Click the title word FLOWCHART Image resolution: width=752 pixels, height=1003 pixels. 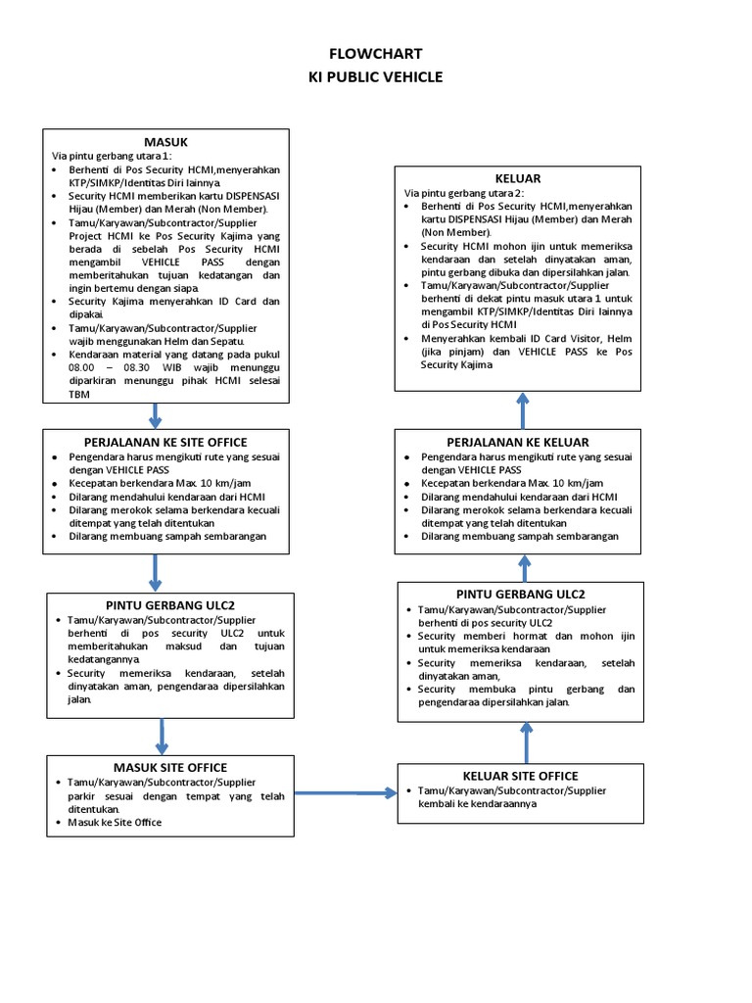tap(375, 54)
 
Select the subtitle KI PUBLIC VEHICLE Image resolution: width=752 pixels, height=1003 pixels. tap(375, 76)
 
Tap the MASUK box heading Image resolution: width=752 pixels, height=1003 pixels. tap(165, 142)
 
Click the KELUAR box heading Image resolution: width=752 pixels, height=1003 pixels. tap(518, 178)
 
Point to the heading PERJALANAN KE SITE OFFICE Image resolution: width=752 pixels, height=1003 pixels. tap(165, 442)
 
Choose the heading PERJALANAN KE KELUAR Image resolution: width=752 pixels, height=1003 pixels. tap(518, 442)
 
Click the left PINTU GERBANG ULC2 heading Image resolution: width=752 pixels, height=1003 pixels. tap(169, 604)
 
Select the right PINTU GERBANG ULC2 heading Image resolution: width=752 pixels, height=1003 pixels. tap(520, 595)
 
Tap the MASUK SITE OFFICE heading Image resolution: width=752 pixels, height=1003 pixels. tap(170, 767)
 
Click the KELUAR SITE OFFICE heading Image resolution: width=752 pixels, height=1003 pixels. tap(520, 776)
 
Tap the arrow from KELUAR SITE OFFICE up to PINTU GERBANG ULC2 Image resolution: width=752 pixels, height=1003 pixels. tap(526, 742)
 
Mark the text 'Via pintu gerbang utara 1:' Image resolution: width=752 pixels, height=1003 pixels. tap(112, 156)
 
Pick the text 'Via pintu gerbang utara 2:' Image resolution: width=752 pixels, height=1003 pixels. tap(464, 193)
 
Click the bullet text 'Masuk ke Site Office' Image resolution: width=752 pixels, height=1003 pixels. tap(115, 823)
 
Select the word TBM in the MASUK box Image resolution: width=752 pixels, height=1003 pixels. tap(78, 395)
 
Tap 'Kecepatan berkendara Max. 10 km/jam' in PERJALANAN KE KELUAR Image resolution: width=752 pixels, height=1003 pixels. tap(512, 484)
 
